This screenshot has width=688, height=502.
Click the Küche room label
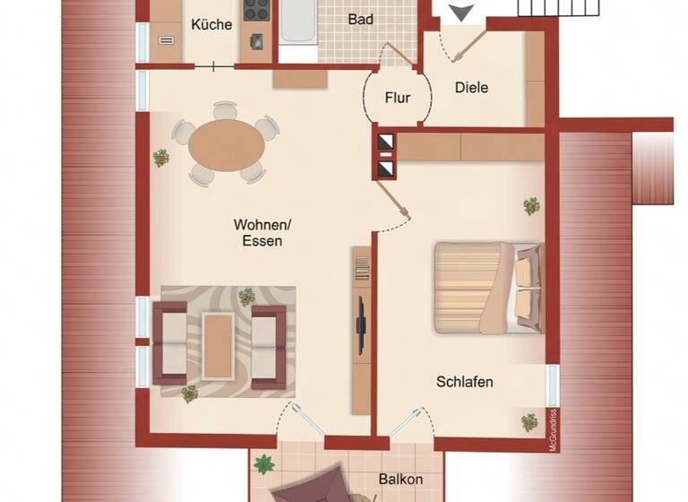211,24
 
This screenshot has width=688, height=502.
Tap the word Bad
361,19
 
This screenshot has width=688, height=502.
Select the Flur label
398,97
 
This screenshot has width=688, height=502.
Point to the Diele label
471,88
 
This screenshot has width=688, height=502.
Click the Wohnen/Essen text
258,232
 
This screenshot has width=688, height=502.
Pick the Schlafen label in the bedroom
464,382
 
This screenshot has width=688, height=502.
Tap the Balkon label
400,480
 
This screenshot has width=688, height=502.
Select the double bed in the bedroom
489,287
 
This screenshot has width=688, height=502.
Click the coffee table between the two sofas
218,344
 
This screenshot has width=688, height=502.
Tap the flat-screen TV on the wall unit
361,325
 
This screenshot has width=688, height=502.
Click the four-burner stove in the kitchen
257,10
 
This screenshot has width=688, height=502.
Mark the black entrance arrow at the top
462,12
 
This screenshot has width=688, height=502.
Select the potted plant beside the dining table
161,158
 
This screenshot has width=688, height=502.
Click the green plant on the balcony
264,464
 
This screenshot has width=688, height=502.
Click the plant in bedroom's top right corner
531,206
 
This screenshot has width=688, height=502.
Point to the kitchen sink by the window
167,39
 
